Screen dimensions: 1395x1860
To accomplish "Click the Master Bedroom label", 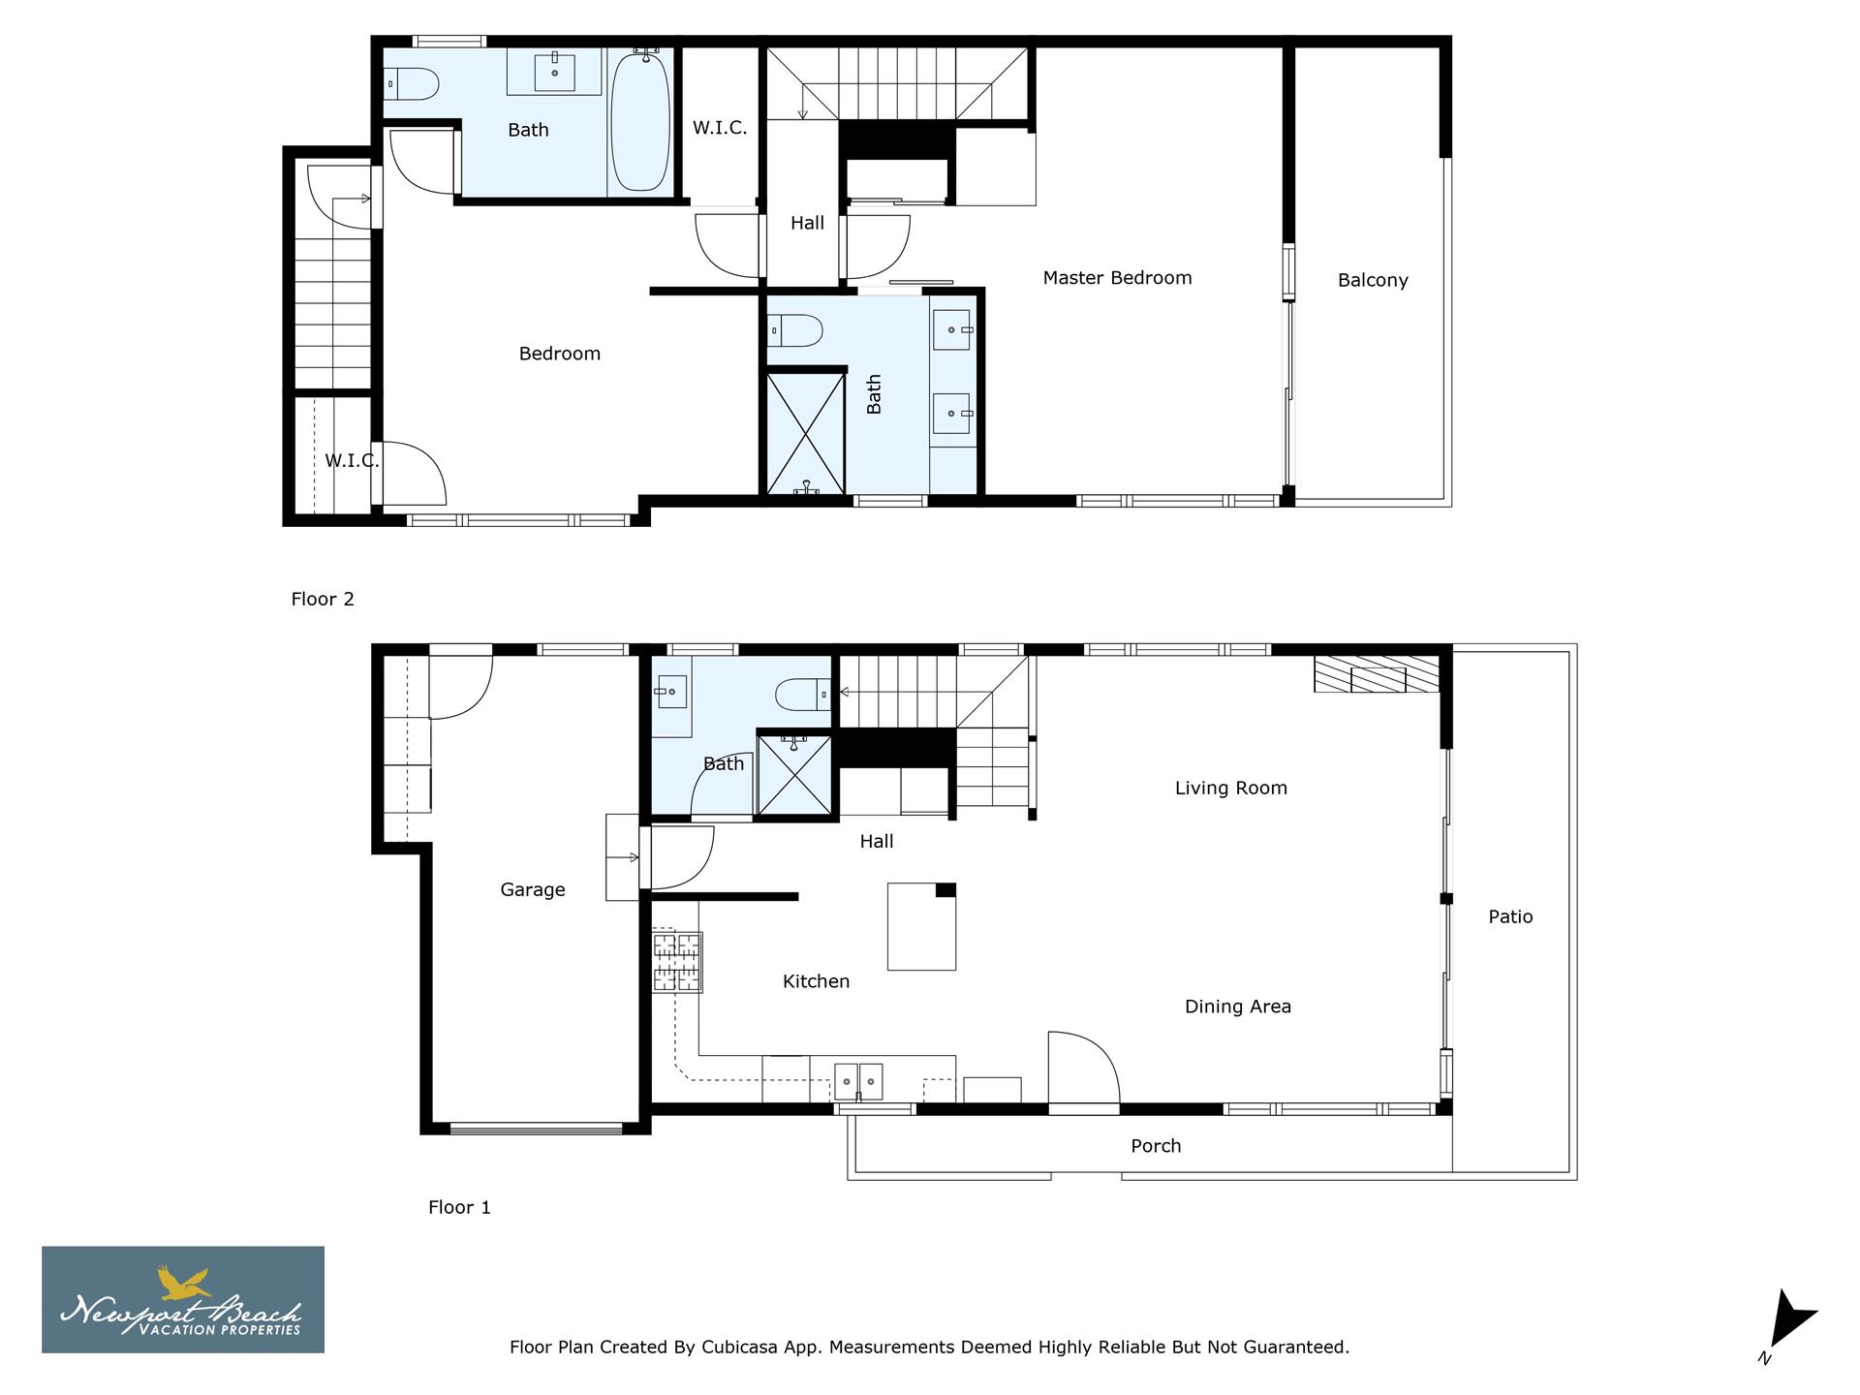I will point(1117,278).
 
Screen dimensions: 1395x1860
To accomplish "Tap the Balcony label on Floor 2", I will point(1372,280).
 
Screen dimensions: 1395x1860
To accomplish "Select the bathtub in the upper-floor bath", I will point(639,121).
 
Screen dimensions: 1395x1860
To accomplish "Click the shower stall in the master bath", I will point(805,434).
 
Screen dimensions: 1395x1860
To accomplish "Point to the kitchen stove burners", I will point(677,961).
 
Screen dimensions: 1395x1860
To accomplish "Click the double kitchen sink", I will point(858,1081).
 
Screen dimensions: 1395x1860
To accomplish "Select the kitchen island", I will point(921,927).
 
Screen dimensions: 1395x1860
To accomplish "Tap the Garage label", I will point(532,889).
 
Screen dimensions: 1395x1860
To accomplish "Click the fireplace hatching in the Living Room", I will point(1376,674).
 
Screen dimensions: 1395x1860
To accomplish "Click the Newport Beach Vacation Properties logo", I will point(182,1299).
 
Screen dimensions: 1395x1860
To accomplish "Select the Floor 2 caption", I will point(323,599).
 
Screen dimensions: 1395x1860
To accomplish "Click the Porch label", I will point(1156,1146).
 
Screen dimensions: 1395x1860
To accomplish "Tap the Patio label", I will point(1510,916).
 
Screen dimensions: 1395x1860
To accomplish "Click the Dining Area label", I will point(1237,1007).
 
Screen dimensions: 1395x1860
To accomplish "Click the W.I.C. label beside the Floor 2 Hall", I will point(719,128).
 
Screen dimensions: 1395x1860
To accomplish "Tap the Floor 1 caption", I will point(459,1207).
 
